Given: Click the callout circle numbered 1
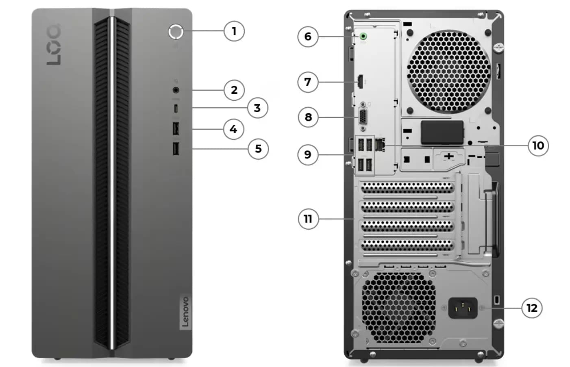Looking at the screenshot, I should click(234, 31).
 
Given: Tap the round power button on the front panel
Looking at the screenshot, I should click(176, 32).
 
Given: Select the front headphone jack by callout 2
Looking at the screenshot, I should click(176, 90).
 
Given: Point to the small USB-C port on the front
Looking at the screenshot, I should click(176, 108).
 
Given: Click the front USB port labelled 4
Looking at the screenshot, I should click(176, 129).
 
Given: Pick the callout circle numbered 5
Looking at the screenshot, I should click(258, 149).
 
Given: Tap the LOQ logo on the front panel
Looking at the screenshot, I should click(54, 45).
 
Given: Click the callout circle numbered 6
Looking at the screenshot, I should click(308, 37).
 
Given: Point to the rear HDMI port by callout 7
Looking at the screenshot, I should click(360, 82).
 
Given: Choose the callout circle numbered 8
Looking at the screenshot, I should click(308, 117).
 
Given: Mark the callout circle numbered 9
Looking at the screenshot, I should click(308, 154).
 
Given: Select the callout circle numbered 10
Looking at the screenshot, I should click(538, 145).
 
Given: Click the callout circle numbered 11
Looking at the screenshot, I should click(308, 219).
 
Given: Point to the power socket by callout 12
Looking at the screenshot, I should click(463, 308).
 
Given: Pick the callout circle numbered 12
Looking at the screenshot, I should click(532, 308).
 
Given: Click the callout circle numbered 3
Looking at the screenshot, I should click(257, 108).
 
